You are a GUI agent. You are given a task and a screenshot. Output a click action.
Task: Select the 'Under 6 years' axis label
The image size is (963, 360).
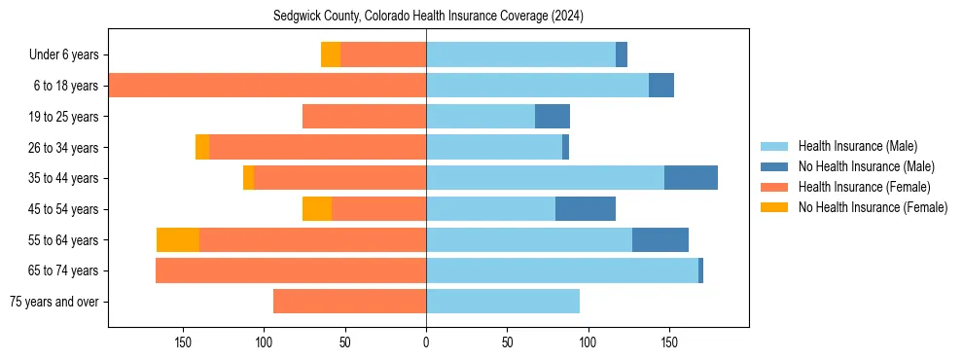[x=69, y=54]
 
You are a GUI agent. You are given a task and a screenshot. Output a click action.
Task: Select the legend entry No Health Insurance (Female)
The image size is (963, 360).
[x=873, y=207]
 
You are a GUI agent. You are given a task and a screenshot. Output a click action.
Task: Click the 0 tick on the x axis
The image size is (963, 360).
[x=426, y=342]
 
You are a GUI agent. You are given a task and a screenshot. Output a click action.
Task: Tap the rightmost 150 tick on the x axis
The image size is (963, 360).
[x=669, y=342]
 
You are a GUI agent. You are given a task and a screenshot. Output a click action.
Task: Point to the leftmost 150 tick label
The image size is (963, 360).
[x=183, y=342]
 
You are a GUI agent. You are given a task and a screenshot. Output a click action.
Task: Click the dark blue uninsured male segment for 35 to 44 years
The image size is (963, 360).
[x=691, y=178]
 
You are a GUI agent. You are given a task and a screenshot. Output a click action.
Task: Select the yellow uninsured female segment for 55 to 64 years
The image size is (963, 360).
[x=178, y=239]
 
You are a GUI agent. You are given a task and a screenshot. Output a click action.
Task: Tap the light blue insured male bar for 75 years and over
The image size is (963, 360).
[x=503, y=302]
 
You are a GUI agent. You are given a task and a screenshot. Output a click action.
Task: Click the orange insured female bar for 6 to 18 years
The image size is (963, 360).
[x=267, y=86]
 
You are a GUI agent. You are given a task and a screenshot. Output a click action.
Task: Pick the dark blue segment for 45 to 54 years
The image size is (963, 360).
[x=586, y=209]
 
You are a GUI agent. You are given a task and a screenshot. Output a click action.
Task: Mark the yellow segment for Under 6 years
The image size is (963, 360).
[x=331, y=54]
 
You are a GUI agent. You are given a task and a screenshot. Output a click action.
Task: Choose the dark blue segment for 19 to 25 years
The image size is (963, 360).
[x=553, y=117]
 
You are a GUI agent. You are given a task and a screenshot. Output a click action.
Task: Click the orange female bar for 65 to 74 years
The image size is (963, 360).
[x=291, y=270]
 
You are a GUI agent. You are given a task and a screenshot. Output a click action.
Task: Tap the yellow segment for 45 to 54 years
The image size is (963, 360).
[x=317, y=209]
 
